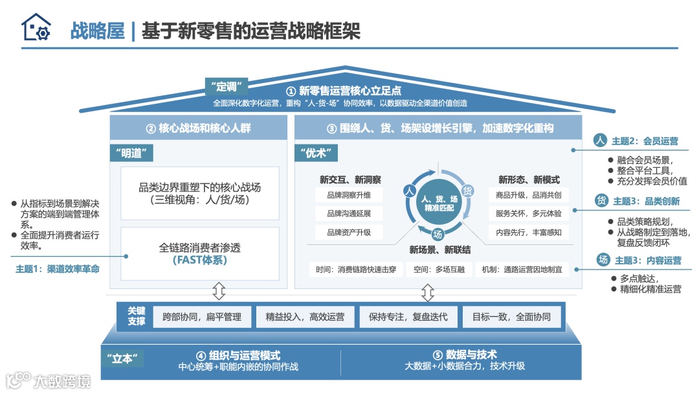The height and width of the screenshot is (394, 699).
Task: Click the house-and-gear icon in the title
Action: tap(35, 29)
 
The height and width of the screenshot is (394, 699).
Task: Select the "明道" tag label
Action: tap(132, 153)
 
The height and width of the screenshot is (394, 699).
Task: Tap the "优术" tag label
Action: tap(316, 153)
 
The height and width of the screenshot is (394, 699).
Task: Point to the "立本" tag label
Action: tap(122, 358)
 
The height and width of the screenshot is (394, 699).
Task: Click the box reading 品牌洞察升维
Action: tap(349, 194)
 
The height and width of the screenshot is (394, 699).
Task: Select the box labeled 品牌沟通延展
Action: tap(349, 213)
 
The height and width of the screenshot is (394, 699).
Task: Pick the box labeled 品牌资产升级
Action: tap(349, 232)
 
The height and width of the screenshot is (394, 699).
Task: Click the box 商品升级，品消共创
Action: tap(529, 194)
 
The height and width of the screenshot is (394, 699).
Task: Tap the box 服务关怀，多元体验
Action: tap(529, 213)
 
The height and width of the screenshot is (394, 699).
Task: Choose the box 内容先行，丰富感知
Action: tap(529, 232)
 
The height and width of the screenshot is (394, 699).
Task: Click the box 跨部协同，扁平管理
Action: tap(201, 317)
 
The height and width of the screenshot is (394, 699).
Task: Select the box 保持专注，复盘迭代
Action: tap(408, 317)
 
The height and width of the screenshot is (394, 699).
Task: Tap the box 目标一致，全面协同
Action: tap(511, 317)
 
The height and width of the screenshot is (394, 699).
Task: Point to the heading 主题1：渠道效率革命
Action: tap(58, 268)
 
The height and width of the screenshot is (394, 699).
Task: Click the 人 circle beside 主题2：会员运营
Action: tap(600, 141)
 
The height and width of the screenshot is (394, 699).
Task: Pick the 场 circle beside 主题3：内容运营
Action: tap(603, 260)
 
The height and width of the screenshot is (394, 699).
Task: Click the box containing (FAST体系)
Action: tap(199, 253)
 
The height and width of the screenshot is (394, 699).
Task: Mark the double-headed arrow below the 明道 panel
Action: tap(219, 291)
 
